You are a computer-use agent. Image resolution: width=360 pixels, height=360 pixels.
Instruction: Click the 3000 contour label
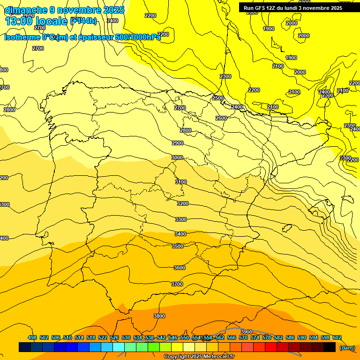177,158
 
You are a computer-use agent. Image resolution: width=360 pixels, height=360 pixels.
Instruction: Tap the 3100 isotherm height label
181,182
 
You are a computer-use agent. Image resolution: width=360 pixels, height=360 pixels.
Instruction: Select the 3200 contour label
183,204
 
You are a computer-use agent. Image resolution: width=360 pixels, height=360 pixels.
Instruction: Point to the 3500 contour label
178,246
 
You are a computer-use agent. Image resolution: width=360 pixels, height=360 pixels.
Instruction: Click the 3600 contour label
180,268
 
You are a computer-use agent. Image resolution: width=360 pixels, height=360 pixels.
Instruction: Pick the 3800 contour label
159,316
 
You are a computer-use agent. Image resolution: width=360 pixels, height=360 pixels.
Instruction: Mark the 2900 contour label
178,143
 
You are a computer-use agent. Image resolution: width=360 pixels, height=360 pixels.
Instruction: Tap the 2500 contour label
218,98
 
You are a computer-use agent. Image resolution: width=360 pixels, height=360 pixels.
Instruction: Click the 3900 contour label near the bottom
247,332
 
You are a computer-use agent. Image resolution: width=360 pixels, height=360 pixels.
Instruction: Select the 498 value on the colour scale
32,338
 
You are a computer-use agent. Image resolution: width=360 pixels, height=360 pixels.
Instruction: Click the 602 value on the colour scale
337,338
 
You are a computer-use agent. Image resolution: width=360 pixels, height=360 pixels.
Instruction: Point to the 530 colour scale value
126,338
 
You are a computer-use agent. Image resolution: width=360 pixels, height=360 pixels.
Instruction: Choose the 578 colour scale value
267,338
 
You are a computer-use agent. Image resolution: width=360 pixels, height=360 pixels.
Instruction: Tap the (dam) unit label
347,348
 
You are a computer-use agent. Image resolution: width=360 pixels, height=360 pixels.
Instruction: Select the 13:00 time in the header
19,21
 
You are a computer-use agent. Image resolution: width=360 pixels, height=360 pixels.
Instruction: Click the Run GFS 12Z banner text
293,8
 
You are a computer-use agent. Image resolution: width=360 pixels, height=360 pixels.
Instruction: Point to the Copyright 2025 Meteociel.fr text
199,357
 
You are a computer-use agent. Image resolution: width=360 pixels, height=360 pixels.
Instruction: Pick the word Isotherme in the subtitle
22,37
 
